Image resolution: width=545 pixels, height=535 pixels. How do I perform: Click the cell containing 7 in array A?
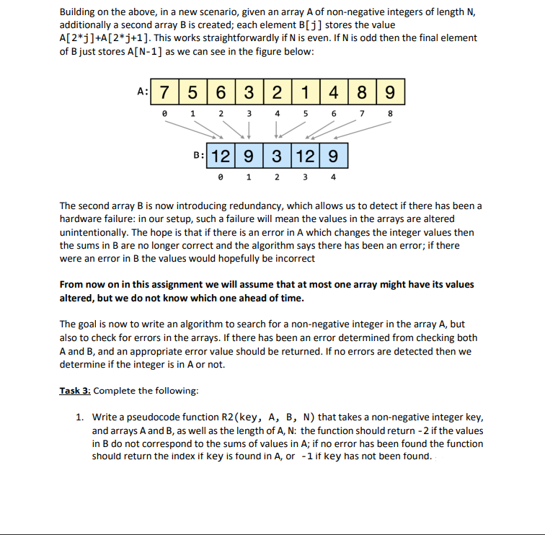[165, 92]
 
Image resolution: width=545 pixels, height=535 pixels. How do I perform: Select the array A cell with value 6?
[221, 92]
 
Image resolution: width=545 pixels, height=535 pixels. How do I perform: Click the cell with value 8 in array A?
[363, 92]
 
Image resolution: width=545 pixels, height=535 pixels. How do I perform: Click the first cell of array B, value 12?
[221, 155]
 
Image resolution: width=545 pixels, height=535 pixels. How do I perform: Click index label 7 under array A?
[363, 113]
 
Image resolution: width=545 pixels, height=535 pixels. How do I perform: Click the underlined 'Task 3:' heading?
[75, 391]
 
